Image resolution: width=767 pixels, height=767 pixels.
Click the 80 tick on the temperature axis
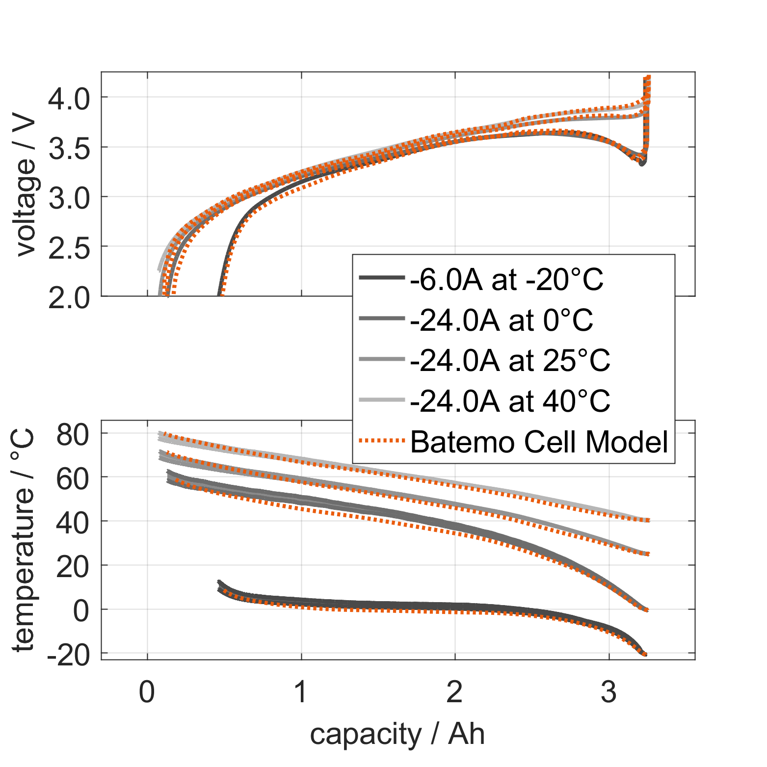[73, 434]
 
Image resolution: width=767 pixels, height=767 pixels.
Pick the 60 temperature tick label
[73, 478]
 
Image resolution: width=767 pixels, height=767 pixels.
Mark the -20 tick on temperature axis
[69, 655]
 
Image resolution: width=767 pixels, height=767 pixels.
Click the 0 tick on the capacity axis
[147, 692]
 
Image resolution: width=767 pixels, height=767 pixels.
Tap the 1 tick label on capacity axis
[300, 692]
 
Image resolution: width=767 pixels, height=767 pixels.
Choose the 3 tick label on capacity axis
[608, 692]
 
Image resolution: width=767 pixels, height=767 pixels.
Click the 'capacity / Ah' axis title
[397, 735]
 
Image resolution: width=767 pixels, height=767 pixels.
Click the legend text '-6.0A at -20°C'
[506, 280]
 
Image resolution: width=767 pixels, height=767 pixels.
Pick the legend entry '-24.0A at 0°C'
[502, 320]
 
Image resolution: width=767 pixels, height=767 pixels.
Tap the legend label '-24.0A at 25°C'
[510, 361]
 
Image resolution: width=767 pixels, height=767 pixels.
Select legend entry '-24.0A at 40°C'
[510, 401]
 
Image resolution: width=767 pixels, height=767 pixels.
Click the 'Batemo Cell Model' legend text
[539, 441]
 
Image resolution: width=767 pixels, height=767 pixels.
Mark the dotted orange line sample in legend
[382, 441]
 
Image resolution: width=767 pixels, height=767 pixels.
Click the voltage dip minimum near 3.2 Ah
[642, 163]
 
